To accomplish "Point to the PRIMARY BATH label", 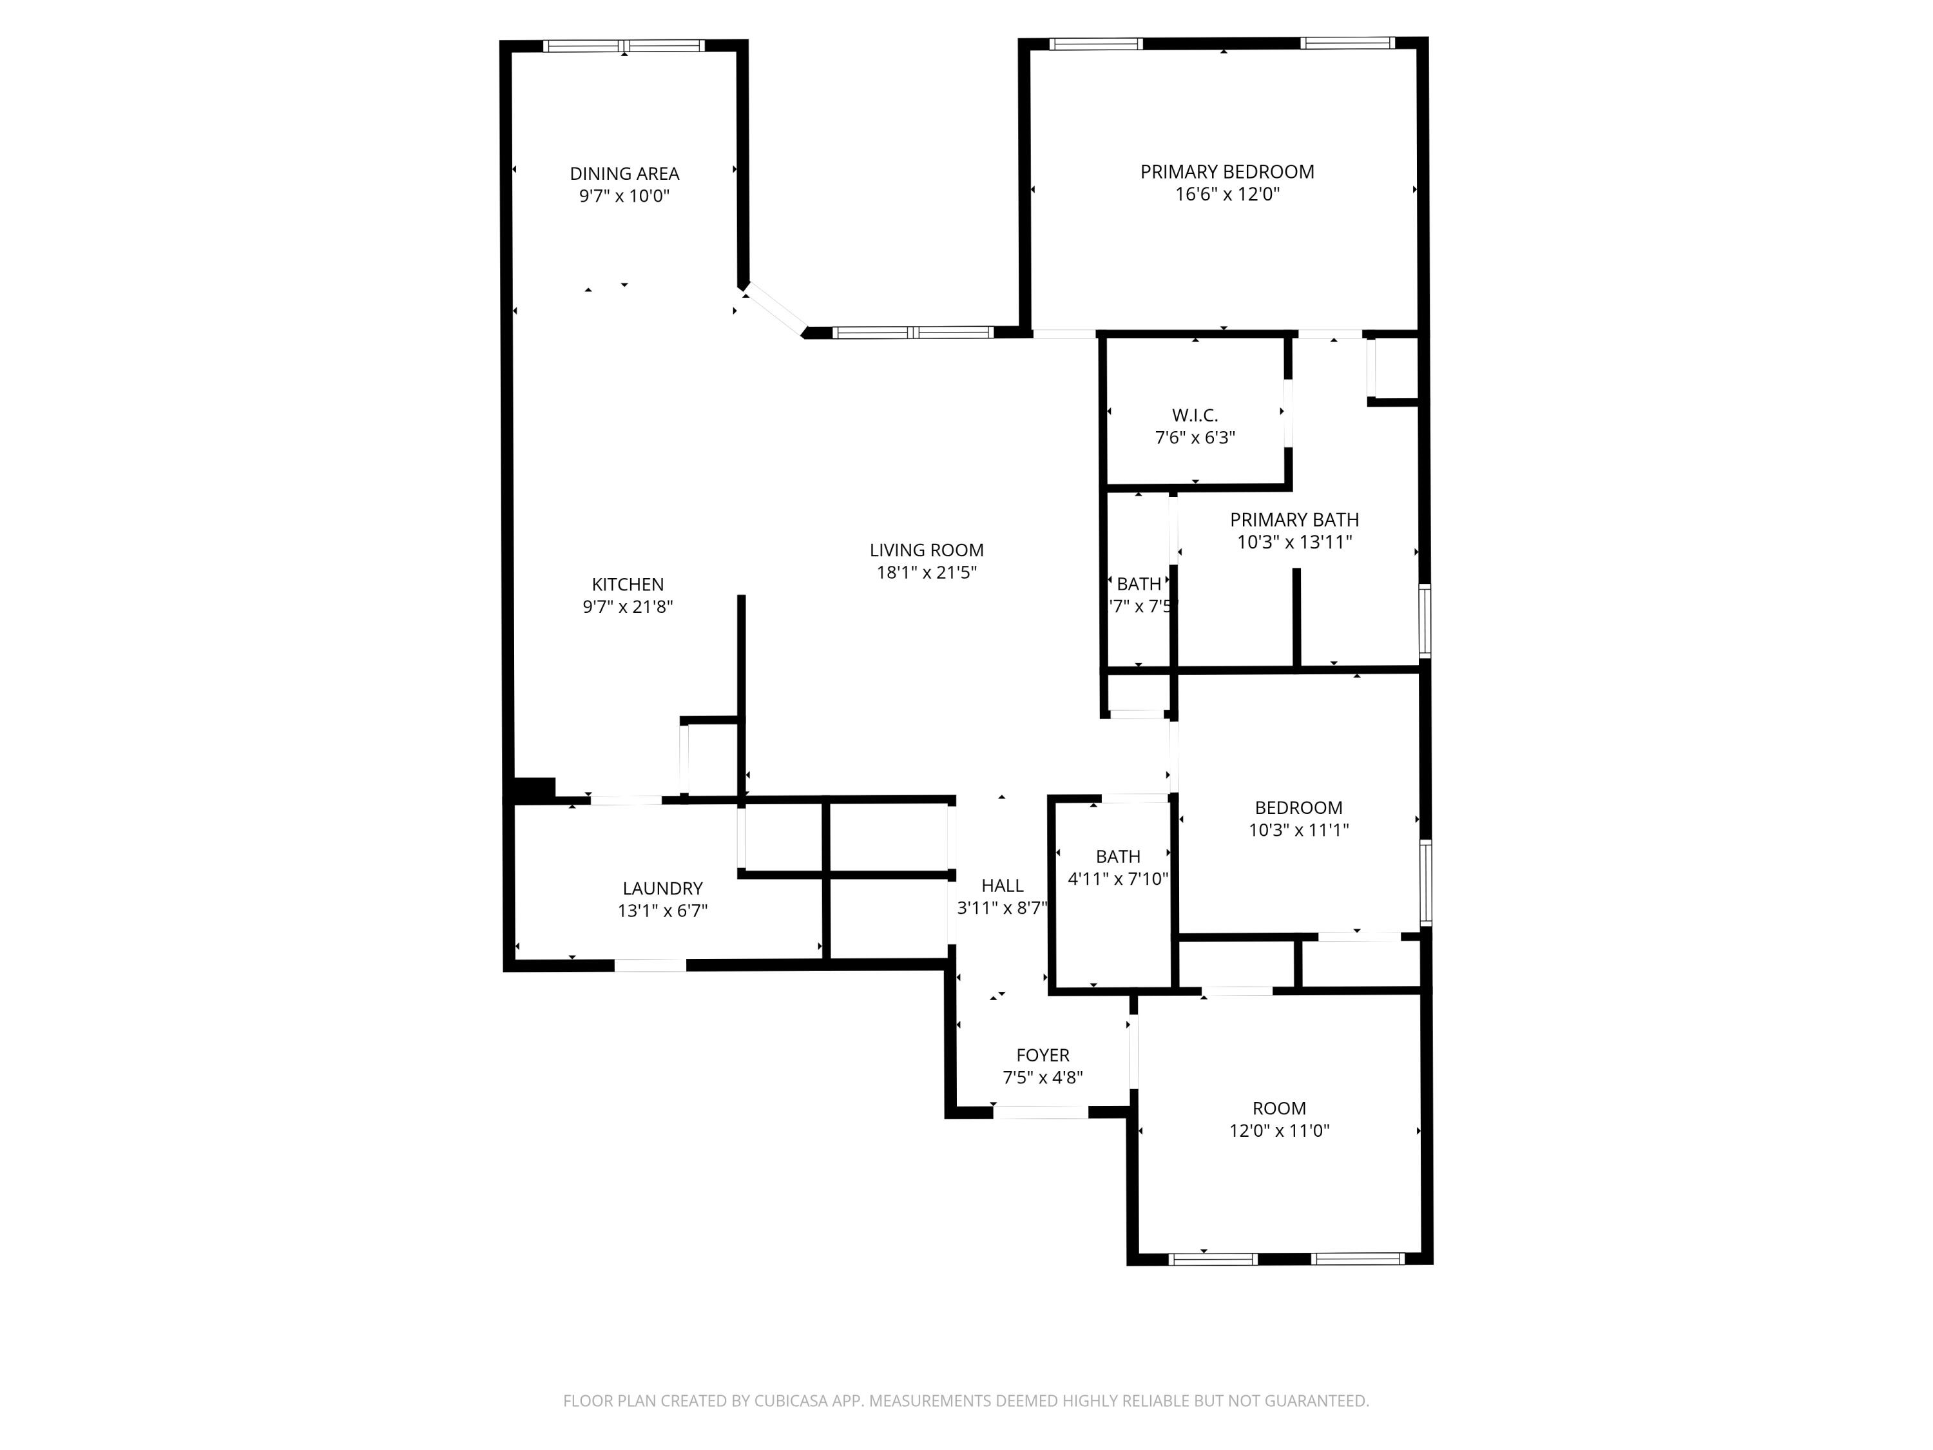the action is click(x=1294, y=519).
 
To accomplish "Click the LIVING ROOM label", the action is click(x=927, y=550).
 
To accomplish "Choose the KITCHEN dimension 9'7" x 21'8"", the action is click(x=628, y=606).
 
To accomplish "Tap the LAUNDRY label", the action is click(x=662, y=888).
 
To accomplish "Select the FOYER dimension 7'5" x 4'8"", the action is click(x=1043, y=1078).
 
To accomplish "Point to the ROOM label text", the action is click(x=1280, y=1108).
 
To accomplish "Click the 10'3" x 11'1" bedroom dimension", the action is click(x=1298, y=829).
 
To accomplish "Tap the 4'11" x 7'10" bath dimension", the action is click(x=1118, y=878).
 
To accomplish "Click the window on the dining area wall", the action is click(x=624, y=46).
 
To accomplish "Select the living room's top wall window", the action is click(x=912, y=332).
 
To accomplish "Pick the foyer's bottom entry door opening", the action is click(x=1040, y=1112).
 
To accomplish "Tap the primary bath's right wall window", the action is click(x=1425, y=621).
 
